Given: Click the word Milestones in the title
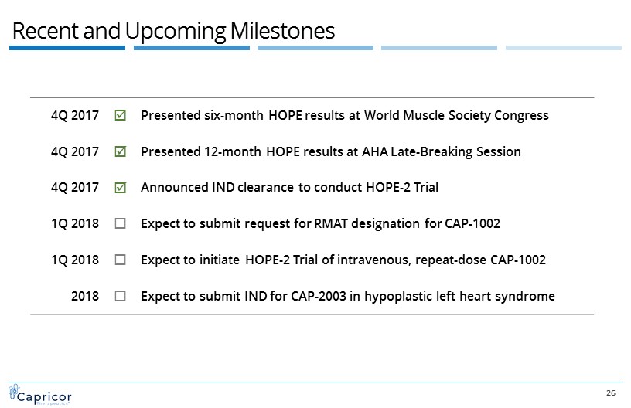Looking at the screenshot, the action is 282,31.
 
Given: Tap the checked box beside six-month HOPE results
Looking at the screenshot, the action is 121,115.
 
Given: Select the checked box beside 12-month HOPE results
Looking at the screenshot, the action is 121,151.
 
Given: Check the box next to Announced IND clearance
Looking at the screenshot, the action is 121,188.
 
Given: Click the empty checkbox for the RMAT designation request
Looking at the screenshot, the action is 121,223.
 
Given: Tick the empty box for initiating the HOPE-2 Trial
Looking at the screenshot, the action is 121,260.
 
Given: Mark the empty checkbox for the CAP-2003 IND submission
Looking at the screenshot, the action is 121,296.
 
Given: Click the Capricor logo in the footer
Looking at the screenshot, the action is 40,395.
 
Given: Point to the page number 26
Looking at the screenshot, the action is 610,393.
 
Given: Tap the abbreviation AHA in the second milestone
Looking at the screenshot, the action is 375,151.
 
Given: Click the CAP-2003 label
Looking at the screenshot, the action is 319,296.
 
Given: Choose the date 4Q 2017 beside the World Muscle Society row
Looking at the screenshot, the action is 75,116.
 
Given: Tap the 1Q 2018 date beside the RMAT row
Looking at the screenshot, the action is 75,223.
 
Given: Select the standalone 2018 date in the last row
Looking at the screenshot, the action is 85,296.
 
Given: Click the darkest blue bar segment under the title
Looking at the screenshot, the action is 67,48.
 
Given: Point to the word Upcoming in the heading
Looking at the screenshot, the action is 176,32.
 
